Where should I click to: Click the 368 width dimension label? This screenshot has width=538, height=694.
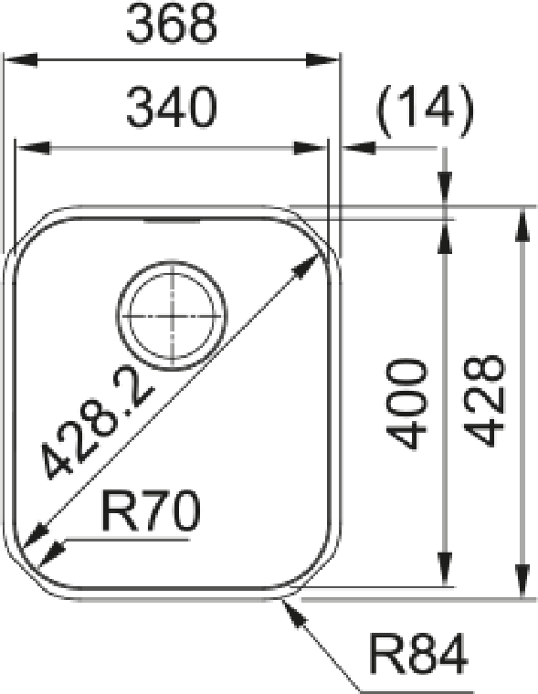(x=172, y=24)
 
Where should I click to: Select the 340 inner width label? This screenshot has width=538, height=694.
(x=172, y=108)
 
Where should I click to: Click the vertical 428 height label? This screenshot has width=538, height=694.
(x=484, y=401)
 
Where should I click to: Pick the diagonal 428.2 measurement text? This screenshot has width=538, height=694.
(x=99, y=426)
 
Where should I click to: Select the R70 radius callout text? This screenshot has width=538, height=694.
(x=151, y=510)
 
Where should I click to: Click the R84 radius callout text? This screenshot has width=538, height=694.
(x=418, y=653)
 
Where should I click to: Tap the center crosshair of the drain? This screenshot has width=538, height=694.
(x=172, y=317)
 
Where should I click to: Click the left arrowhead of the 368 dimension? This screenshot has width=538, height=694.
(x=20, y=59)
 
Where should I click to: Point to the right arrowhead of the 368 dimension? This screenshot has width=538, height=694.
(x=322, y=59)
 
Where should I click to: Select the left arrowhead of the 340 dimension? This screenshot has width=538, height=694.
(x=32, y=148)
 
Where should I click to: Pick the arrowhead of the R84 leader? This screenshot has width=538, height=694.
(x=293, y=611)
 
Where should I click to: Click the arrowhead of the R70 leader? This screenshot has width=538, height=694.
(x=52, y=554)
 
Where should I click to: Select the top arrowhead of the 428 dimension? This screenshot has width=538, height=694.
(x=523, y=226)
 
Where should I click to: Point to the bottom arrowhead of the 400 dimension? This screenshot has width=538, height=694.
(x=446, y=570)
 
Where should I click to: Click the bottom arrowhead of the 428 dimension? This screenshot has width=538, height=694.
(x=523, y=581)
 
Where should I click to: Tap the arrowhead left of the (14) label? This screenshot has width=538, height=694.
(x=359, y=148)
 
